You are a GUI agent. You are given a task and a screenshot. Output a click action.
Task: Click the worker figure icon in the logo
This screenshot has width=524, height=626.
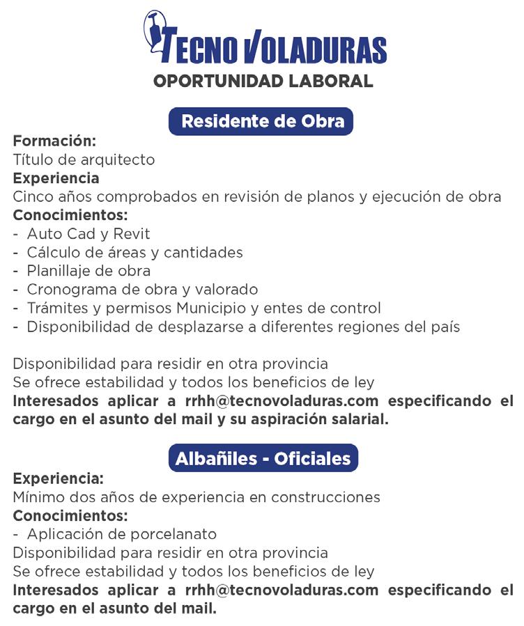tap(155, 31)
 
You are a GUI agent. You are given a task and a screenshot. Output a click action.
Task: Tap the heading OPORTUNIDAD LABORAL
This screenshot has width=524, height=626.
tap(263, 81)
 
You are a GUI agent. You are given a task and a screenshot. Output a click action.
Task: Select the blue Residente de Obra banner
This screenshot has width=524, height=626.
tap(261, 121)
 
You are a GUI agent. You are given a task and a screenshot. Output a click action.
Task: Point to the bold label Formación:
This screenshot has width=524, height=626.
tap(54, 141)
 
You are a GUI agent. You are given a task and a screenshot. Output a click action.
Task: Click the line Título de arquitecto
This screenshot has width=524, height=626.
tap(84, 159)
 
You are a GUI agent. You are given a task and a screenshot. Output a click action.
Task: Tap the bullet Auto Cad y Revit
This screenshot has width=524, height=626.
tap(88, 234)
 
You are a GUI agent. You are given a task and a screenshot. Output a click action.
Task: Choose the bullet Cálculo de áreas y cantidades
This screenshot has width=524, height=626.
tap(134, 252)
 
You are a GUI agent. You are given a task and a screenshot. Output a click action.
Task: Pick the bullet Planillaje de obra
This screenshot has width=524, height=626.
tap(88, 271)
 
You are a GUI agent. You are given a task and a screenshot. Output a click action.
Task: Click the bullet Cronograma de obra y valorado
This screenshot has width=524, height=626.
tap(142, 289)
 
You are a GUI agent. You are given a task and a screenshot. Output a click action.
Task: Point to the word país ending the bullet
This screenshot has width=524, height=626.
tap(445, 327)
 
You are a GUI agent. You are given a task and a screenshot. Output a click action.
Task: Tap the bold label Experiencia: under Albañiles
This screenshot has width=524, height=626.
tap(59, 478)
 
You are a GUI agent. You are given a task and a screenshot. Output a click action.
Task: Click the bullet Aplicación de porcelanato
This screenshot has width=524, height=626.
tap(121, 534)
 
